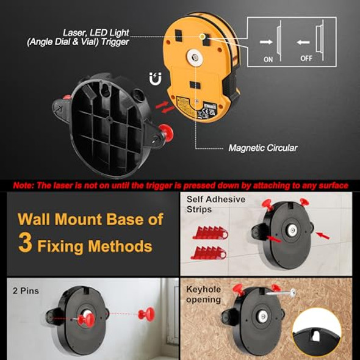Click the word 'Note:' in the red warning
click(x=25, y=184)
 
